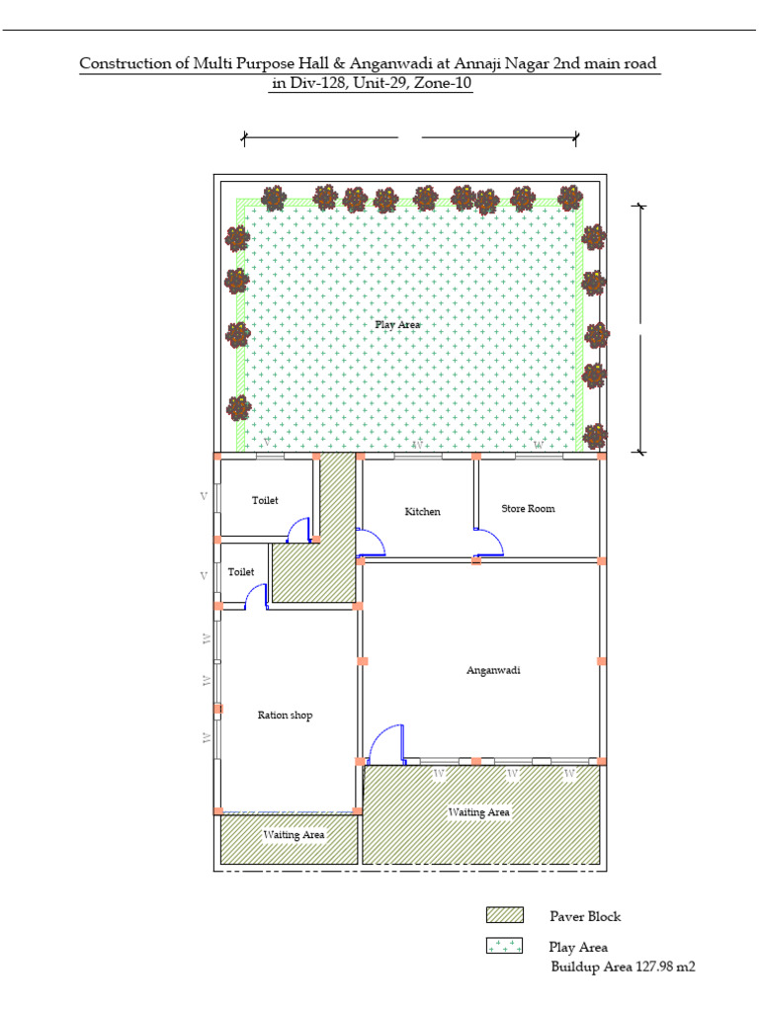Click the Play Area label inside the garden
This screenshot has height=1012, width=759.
pos(397,324)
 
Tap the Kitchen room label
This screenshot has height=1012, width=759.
pos(422,512)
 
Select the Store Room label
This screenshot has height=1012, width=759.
pos(528,509)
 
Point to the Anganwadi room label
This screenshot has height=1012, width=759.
pos(493,670)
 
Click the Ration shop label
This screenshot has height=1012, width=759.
pos(285,716)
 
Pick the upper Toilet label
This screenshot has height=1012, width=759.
pos(265,501)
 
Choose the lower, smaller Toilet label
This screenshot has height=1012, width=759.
pos(241,572)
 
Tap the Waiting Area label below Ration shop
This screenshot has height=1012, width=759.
pos(294,835)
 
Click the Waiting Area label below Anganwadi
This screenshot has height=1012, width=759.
pos(479,812)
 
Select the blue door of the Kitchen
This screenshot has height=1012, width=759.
pos(370,543)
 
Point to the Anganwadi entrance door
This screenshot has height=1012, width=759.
pos(385,744)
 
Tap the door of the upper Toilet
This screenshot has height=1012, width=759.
pos(297,532)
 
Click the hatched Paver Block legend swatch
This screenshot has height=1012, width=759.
pos(504,916)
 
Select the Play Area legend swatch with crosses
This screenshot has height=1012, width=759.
pos(504,947)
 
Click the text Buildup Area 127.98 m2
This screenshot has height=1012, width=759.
pos(623,967)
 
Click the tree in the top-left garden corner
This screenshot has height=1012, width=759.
pos(274,198)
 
